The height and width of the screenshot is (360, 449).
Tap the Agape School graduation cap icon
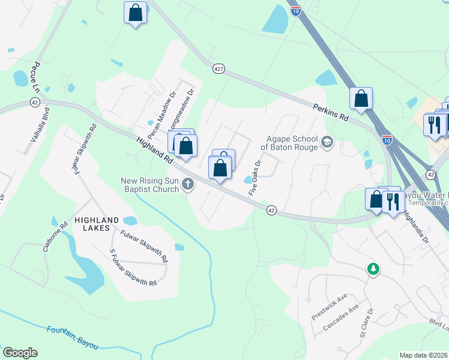(x=327, y=142)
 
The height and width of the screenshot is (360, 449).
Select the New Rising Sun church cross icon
(x=188, y=185)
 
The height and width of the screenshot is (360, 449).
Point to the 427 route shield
(x=218, y=70)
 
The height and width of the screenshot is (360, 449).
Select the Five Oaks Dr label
(x=256, y=176)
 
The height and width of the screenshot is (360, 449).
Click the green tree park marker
(x=373, y=269)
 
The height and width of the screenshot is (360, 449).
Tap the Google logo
(x=20, y=353)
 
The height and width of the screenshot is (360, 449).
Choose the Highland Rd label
(x=155, y=152)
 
